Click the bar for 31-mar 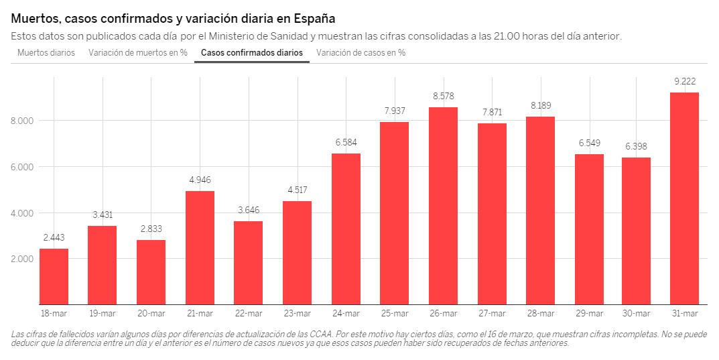point(684,198)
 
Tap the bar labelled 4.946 point(200,247)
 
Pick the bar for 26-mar point(442,206)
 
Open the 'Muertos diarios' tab point(46,52)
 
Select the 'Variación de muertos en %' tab point(138,52)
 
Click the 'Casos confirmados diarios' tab point(252,52)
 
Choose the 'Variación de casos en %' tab point(361,52)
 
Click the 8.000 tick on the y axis point(23,121)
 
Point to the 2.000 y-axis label point(23,259)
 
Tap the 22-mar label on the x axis point(248,314)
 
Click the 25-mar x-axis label point(394,314)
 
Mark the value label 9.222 point(684,82)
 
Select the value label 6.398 point(636,147)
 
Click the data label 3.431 point(103,215)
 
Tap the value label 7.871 point(491,112)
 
